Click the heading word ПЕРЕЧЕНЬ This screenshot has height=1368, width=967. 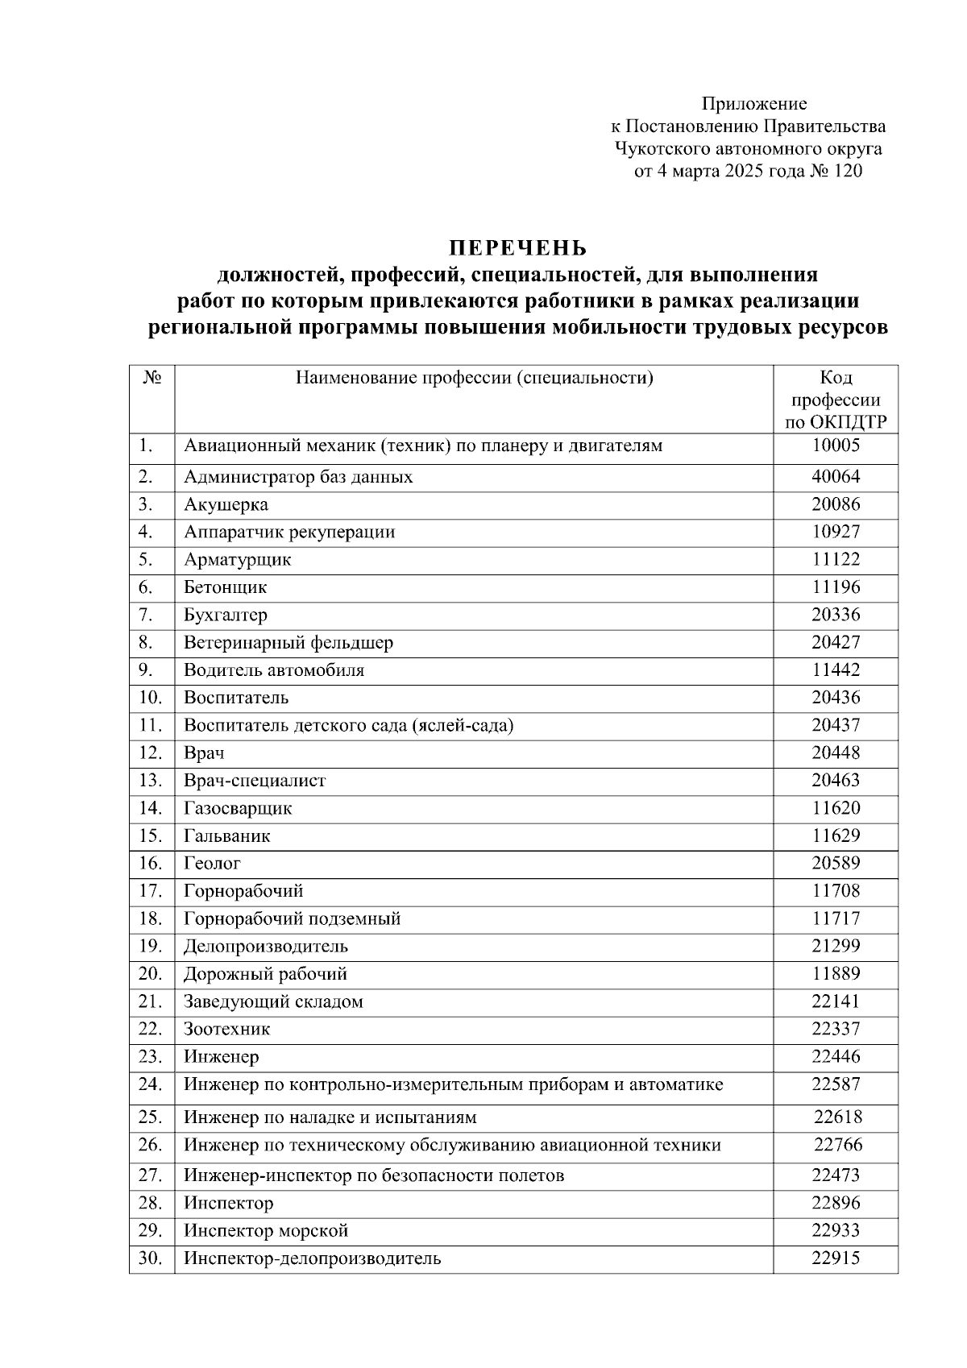point(518,247)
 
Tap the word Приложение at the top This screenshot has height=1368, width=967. point(753,103)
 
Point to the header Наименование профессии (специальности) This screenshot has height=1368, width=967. point(474,378)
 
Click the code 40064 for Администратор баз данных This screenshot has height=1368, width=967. point(836,476)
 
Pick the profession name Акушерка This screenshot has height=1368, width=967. point(226,504)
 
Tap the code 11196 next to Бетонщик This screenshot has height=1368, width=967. point(836,587)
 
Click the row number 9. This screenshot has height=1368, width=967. point(145,669)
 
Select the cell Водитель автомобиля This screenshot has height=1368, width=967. point(274,669)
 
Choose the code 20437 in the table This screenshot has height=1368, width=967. point(836,724)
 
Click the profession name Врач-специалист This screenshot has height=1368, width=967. point(255,780)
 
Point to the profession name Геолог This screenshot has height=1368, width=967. point(212,863)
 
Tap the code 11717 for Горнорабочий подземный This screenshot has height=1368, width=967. point(836,918)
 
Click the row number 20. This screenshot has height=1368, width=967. point(150,973)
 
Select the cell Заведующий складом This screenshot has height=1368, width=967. point(273,1001)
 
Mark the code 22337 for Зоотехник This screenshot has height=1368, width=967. point(836,1029)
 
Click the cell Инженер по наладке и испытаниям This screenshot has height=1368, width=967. point(330,1117)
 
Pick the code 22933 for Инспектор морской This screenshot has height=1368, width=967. point(836,1230)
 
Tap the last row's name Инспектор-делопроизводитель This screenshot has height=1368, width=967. point(312,1258)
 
